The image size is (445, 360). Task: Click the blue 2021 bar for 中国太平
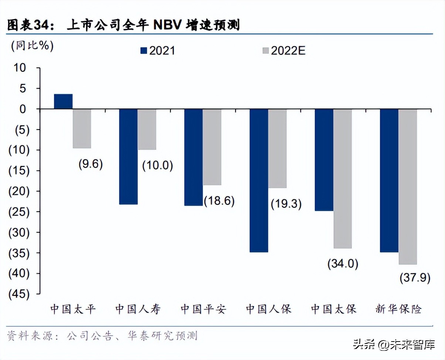point(63,102)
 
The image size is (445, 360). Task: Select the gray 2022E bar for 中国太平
point(82,128)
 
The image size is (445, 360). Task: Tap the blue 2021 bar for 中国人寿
point(128,156)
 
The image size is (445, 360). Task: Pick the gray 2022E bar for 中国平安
point(212,147)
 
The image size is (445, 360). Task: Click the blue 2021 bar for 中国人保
point(259,180)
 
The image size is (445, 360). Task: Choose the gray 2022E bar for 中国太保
point(342,179)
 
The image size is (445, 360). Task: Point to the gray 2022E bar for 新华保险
point(407,187)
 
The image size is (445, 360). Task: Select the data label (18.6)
point(219,201)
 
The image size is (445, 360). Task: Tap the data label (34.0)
point(343,264)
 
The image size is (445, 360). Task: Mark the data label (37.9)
point(415,278)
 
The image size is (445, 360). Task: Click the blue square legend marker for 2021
point(144,51)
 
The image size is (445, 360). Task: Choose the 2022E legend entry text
point(288,51)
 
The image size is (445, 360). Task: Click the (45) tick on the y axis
point(18,294)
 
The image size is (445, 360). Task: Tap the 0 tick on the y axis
point(23,109)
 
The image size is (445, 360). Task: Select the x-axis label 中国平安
point(203,309)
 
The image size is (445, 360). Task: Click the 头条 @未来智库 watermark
point(394,345)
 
